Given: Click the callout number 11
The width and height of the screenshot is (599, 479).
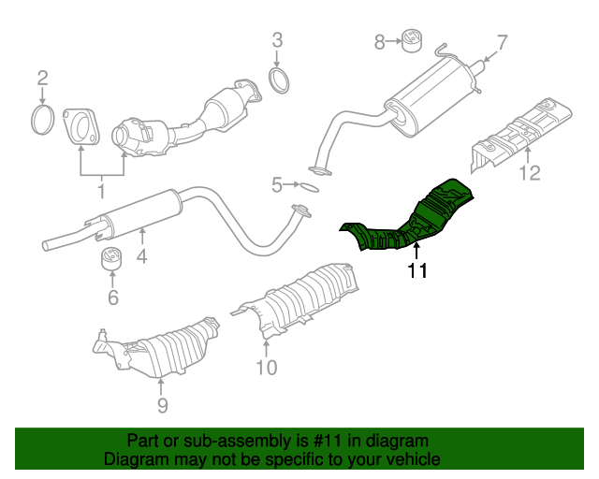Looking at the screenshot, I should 416,271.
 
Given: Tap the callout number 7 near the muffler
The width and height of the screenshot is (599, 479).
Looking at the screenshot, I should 502,42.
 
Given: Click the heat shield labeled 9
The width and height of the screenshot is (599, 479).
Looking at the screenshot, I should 159,351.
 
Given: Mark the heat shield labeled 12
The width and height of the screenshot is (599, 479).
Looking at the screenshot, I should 524,131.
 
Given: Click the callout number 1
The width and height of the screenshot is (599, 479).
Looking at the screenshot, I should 101,192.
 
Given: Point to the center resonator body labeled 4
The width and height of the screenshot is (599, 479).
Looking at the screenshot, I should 140,210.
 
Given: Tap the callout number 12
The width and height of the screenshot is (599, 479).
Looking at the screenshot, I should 530,173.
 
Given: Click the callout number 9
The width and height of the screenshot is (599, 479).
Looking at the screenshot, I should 162,404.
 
